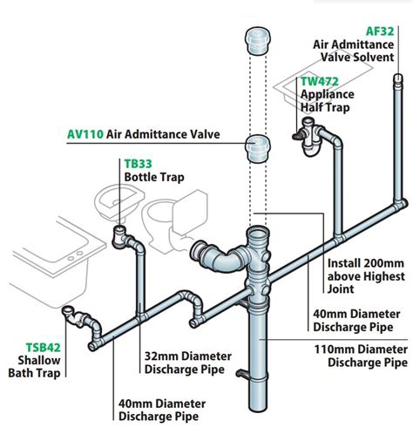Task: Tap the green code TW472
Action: (319, 82)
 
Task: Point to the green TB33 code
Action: (138, 162)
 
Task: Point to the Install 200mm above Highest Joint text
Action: (365, 269)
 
